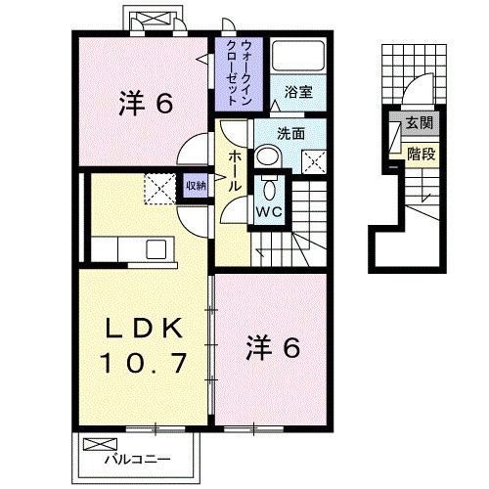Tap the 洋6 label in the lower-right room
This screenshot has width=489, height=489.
pyautogui.click(x=271, y=346)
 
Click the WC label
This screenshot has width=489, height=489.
pyautogui.click(x=270, y=209)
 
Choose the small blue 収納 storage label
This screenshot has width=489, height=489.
pyautogui.click(x=195, y=184)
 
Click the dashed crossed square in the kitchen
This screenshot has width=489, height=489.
pyautogui.click(x=158, y=187)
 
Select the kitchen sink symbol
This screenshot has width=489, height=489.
pyautogui.click(x=156, y=248)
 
